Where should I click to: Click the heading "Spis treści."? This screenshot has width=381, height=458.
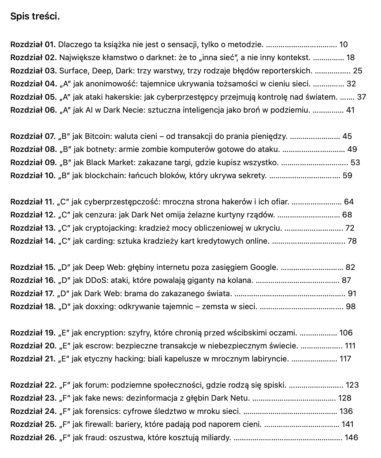tap(35, 17)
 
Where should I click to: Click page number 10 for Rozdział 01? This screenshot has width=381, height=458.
tap(343, 45)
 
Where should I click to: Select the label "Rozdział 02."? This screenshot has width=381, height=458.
tap(34, 58)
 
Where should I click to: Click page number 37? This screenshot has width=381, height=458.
tap(361, 97)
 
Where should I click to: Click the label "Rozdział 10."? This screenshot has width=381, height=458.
tap(33, 176)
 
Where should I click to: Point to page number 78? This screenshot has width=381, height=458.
tap(352, 241)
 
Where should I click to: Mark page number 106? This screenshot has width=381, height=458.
tap(346, 333)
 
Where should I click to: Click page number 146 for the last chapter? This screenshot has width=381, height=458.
tap(351, 438)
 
